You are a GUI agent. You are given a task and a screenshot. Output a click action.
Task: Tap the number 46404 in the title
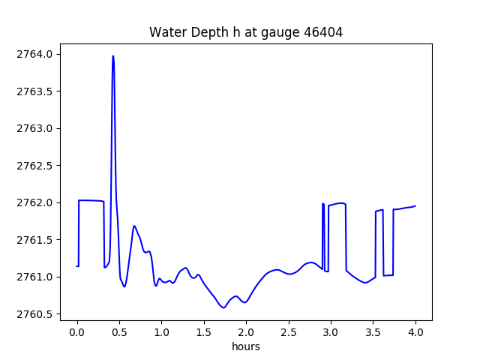324,32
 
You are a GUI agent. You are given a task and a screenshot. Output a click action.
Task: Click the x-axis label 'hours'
246,346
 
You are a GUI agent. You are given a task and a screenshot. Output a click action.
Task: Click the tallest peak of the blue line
113,56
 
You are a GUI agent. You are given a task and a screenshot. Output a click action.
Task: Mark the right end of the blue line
415,205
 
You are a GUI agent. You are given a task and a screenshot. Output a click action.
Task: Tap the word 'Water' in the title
166,32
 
